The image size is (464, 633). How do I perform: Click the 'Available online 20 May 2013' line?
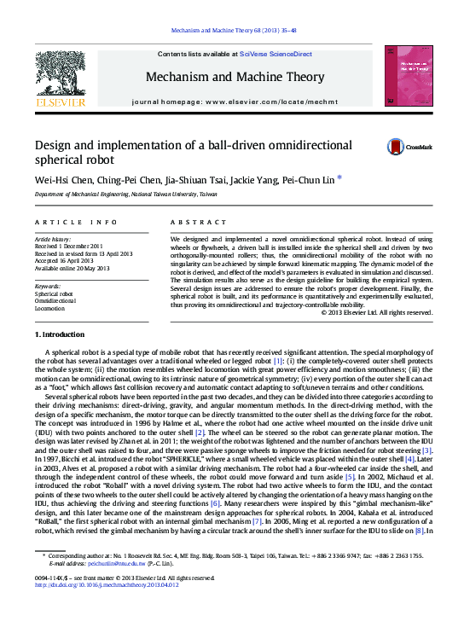coord(72,269)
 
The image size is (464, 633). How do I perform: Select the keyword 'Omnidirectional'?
coord(55,301)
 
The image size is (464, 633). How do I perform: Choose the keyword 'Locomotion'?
coord(49,309)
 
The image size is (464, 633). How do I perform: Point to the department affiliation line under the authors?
coord(125,195)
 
